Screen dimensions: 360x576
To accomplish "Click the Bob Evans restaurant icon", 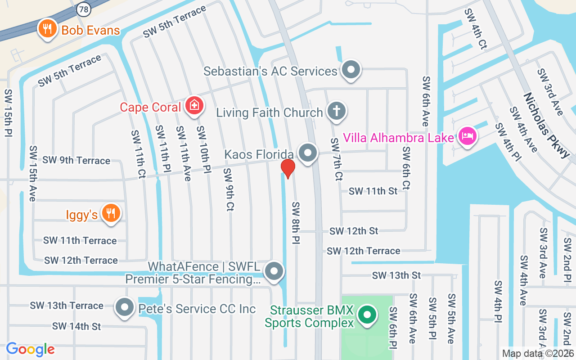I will [x=47, y=29].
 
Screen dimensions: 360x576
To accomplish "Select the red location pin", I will [x=288, y=168].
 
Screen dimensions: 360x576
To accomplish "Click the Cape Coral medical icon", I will [x=194, y=106].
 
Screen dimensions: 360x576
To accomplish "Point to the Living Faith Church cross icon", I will [x=336, y=111].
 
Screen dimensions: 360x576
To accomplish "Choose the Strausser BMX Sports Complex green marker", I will [x=367, y=315].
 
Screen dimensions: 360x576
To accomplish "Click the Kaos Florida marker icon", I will [x=308, y=153].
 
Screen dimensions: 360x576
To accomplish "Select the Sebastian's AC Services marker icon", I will [x=350, y=70].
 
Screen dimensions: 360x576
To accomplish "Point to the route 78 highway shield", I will [x=83, y=9].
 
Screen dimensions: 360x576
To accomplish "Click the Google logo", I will [x=30, y=349].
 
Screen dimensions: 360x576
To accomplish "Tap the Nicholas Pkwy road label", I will [x=546, y=126].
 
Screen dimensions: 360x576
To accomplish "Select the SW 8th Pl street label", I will [x=296, y=223].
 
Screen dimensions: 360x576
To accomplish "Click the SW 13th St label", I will [x=396, y=275].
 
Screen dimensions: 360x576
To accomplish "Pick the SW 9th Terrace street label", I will [x=76, y=161].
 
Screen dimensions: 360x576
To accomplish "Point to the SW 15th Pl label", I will [x=8, y=112].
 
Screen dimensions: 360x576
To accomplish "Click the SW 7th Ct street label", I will [x=336, y=159].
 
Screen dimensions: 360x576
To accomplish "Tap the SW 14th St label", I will [x=76, y=326].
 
